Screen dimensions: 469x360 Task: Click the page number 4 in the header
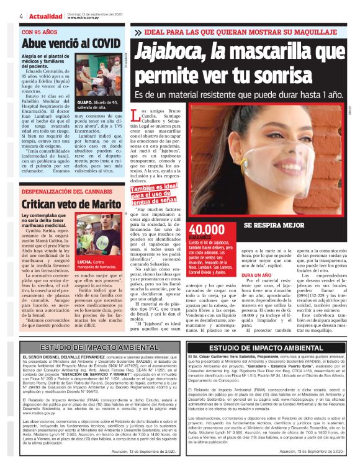pos(22,15)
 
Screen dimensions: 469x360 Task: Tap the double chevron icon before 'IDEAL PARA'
pos(137,32)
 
